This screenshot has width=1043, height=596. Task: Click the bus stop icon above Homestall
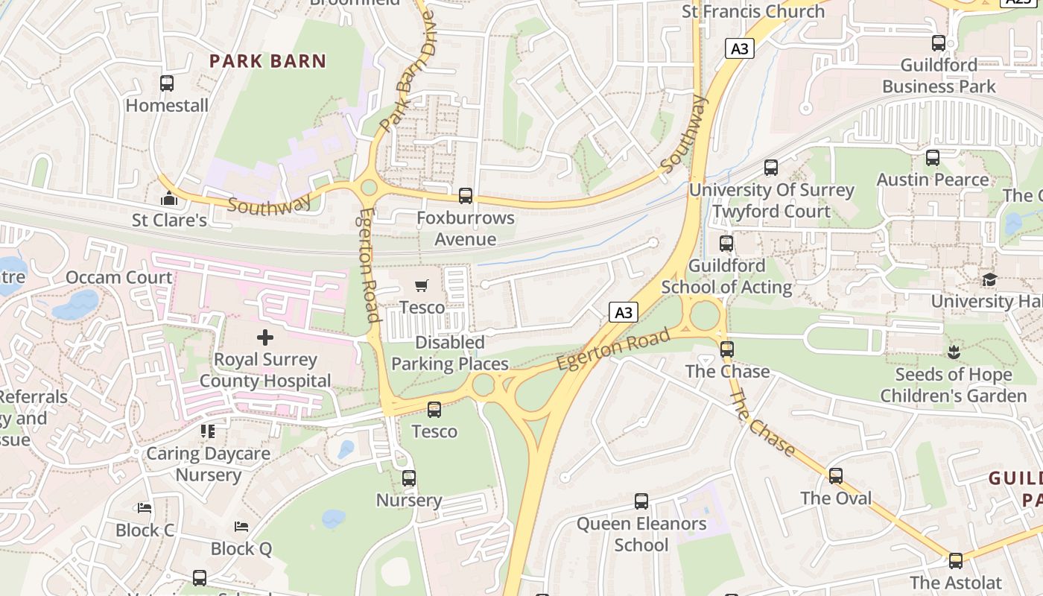(x=167, y=83)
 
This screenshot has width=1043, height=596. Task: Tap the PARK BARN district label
(x=267, y=61)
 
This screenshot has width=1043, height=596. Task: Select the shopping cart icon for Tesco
(x=422, y=285)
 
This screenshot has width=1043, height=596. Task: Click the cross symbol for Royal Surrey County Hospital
(x=264, y=337)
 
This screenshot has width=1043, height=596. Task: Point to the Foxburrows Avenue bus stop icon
(x=466, y=196)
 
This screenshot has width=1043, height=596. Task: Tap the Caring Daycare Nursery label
(x=208, y=464)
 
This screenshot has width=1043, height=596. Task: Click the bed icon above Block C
(x=145, y=508)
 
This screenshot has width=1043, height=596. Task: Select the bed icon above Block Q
(x=241, y=527)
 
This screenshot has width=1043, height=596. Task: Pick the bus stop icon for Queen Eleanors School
(x=641, y=501)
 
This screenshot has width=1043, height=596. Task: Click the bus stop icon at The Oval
(x=836, y=476)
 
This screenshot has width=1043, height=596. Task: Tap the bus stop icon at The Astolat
(x=955, y=561)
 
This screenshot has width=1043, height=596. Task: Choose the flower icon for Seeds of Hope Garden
(x=953, y=352)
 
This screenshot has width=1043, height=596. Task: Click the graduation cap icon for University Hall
(x=989, y=279)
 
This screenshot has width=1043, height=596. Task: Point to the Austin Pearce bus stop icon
(x=933, y=158)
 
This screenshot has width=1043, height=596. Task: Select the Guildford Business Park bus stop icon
(x=939, y=43)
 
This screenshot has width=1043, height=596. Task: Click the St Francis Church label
(x=753, y=11)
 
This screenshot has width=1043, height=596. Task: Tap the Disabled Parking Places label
(x=450, y=353)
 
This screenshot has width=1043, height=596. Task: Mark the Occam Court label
(x=119, y=278)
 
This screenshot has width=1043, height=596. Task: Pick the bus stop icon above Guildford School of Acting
(x=726, y=244)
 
